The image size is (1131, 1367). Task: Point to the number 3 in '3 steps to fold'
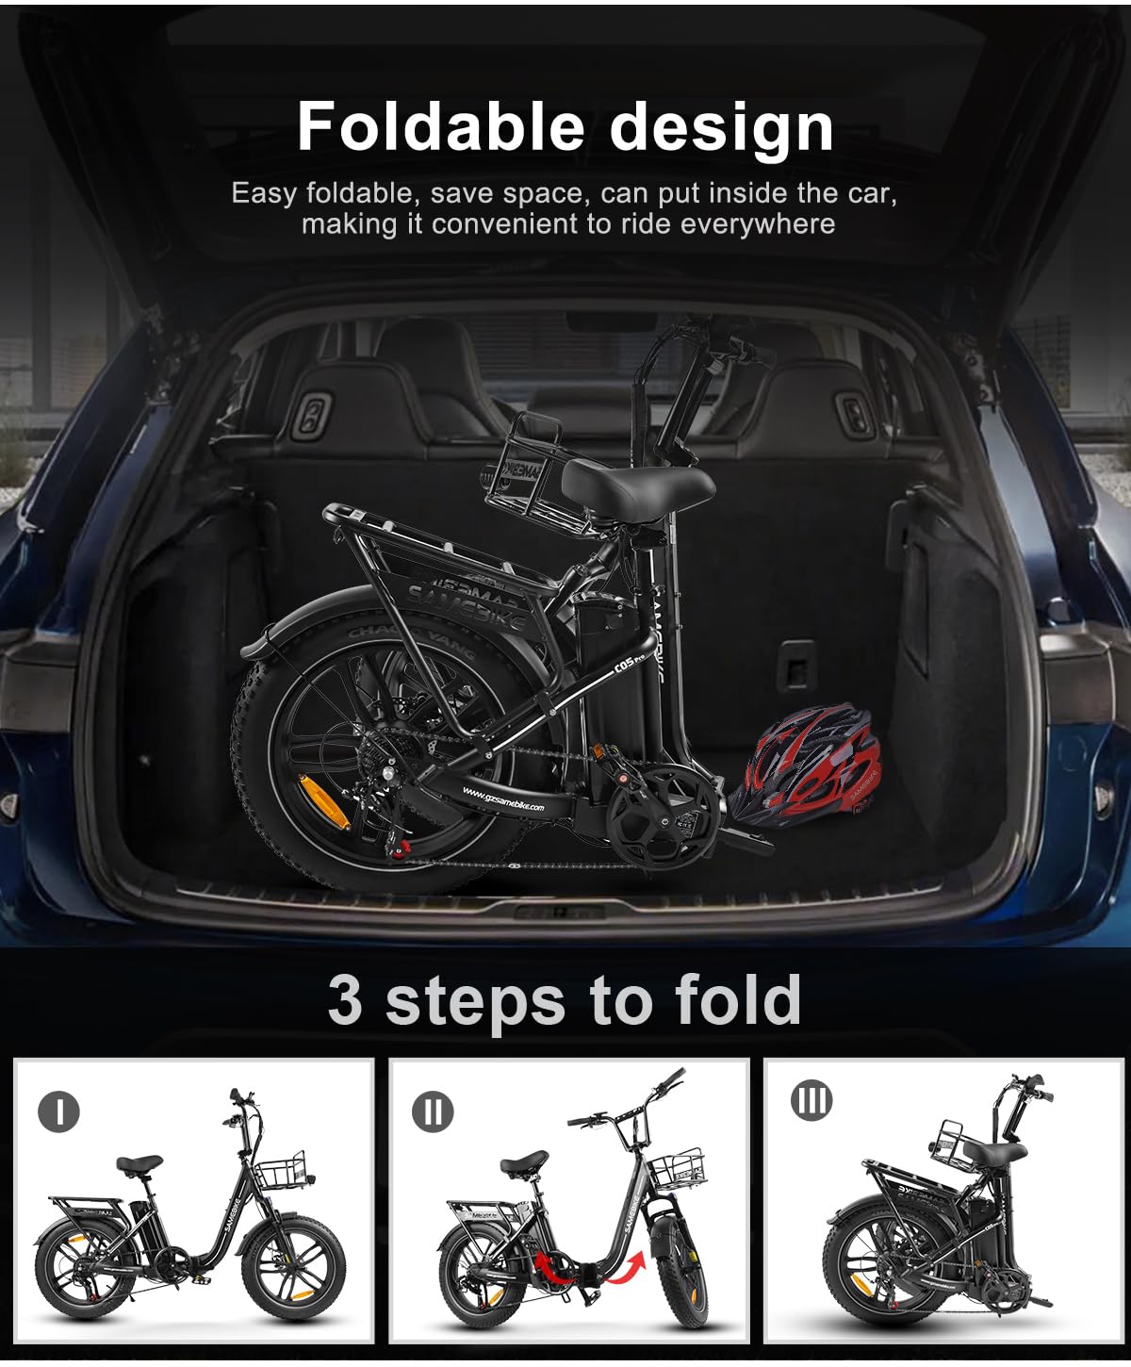click(345, 1000)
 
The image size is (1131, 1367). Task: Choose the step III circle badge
click(811, 1101)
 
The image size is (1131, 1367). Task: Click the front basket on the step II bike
click(676, 1169)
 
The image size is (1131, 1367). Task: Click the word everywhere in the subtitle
click(757, 224)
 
